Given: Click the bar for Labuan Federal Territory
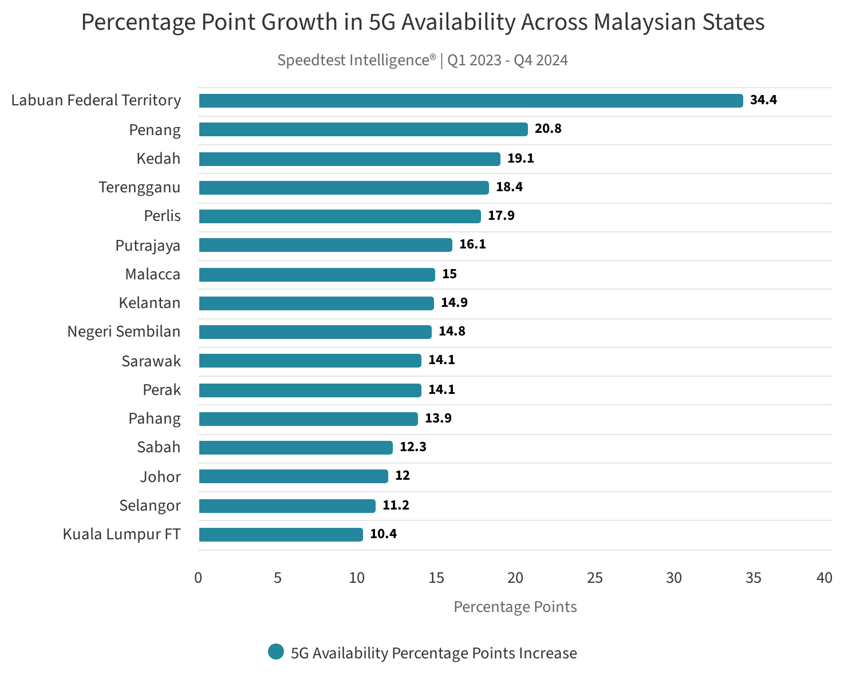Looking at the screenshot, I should tap(471, 101).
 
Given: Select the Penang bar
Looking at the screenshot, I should tap(363, 129).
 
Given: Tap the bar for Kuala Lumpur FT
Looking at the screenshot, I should tap(281, 535).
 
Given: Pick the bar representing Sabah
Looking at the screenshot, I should tap(295, 448).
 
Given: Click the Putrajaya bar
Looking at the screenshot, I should tap(325, 245).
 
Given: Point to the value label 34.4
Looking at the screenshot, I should tap(763, 100).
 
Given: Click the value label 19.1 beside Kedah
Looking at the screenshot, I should tap(520, 159).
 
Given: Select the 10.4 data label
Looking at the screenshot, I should tap(383, 534).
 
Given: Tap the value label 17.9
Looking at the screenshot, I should tap(501, 216).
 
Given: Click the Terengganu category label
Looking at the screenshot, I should tap(139, 187).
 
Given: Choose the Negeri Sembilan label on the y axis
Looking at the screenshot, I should tap(124, 331).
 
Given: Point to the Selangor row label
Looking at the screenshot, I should tap(149, 506).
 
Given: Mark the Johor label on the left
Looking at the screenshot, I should tap(160, 477).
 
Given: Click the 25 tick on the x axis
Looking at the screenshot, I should tap(595, 578).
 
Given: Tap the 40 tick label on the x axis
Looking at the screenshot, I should tap(824, 578).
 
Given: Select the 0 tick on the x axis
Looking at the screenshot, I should tap(198, 578).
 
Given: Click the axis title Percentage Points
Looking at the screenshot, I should tap(515, 607).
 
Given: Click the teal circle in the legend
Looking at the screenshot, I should tap(276, 652).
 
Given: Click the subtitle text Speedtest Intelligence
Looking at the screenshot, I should tap(356, 60).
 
